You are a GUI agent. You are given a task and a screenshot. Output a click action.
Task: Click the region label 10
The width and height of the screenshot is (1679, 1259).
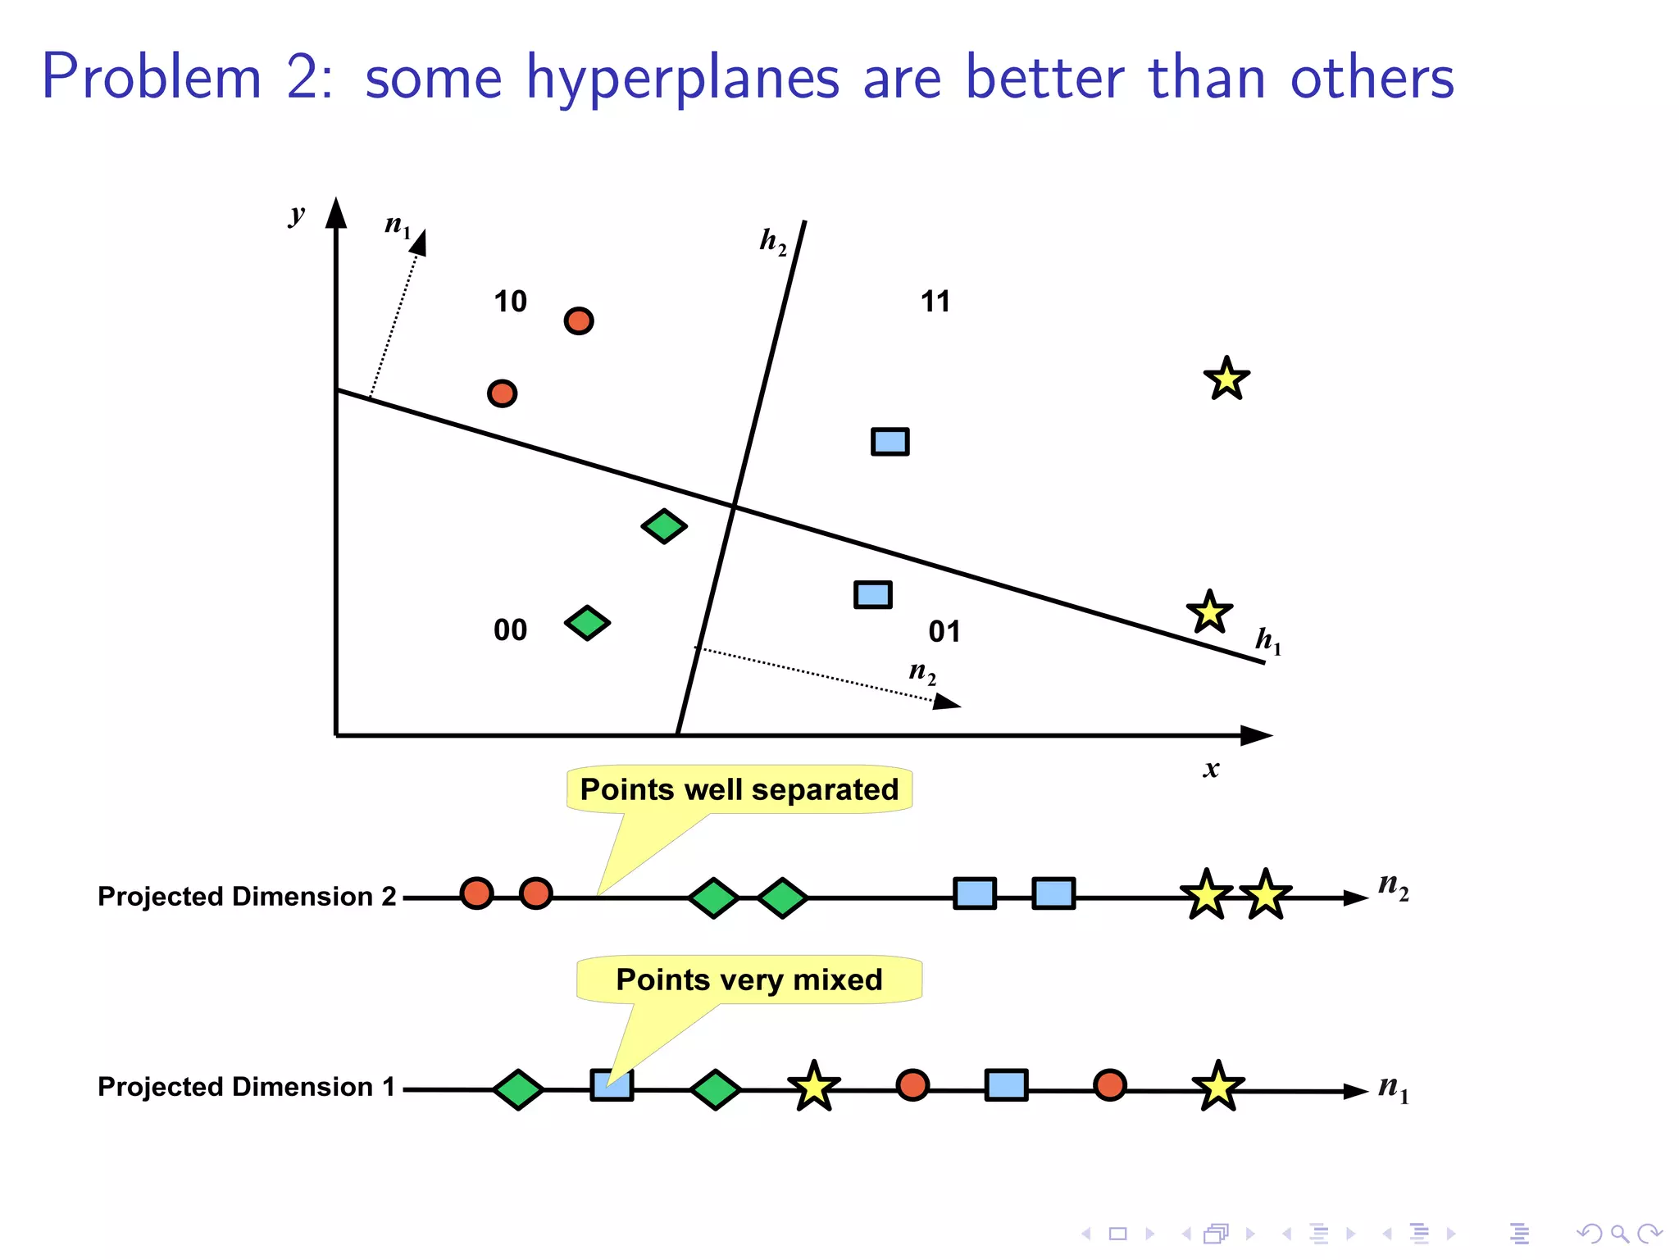pyautogui.click(x=510, y=302)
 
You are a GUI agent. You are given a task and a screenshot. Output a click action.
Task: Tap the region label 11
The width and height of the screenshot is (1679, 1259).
pyautogui.click(x=935, y=302)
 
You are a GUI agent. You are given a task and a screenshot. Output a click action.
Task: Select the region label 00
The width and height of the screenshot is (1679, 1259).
pyautogui.click(x=510, y=630)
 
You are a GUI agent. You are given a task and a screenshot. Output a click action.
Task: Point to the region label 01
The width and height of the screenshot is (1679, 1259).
pyautogui.click(x=944, y=632)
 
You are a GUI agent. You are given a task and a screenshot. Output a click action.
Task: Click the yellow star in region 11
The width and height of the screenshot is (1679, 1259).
pyautogui.click(x=1226, y=380)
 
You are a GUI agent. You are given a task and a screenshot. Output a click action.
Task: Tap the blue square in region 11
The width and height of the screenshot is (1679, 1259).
pyautogui.click(x=890, y=442)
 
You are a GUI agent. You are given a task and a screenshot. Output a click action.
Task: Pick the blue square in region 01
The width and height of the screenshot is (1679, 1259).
pyautogui.click(x=872, y=594)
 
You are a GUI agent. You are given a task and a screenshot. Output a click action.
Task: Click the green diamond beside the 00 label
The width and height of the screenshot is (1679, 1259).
pyautogui.click(x=587, y=623)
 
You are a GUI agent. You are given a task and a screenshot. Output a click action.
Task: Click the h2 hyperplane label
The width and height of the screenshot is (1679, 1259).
pyautogui.click(x=772, y=241)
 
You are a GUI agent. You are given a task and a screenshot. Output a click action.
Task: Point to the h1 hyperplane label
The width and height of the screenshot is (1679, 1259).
pyautogui.click(x=1267, y=640)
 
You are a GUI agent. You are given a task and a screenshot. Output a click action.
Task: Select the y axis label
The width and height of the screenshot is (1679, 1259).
pyautogui.click(x=297, y=215)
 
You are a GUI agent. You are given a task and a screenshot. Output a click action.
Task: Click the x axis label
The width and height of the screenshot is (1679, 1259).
pyautogui.click(x=1211, y=769)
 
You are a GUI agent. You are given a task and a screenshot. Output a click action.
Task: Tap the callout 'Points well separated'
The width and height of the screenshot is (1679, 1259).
pyautogui.click(x=739, y=789)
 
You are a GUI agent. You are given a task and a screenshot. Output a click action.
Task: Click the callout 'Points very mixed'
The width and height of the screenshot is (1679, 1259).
pyautogui.click(x=748, y=979)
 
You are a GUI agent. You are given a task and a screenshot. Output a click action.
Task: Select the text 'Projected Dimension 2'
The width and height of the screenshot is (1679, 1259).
pyautogui.click(x=247, y=896)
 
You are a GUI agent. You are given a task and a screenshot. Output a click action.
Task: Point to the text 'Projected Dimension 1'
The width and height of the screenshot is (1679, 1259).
pyautogui.click(x=246, y=1087)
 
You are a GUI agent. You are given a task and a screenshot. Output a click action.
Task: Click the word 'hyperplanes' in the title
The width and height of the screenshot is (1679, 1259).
pyautogui.click(x=683, y=79)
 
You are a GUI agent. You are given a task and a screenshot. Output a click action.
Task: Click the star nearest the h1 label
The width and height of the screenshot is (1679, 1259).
pyautogui.click(x=1209, y=612)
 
